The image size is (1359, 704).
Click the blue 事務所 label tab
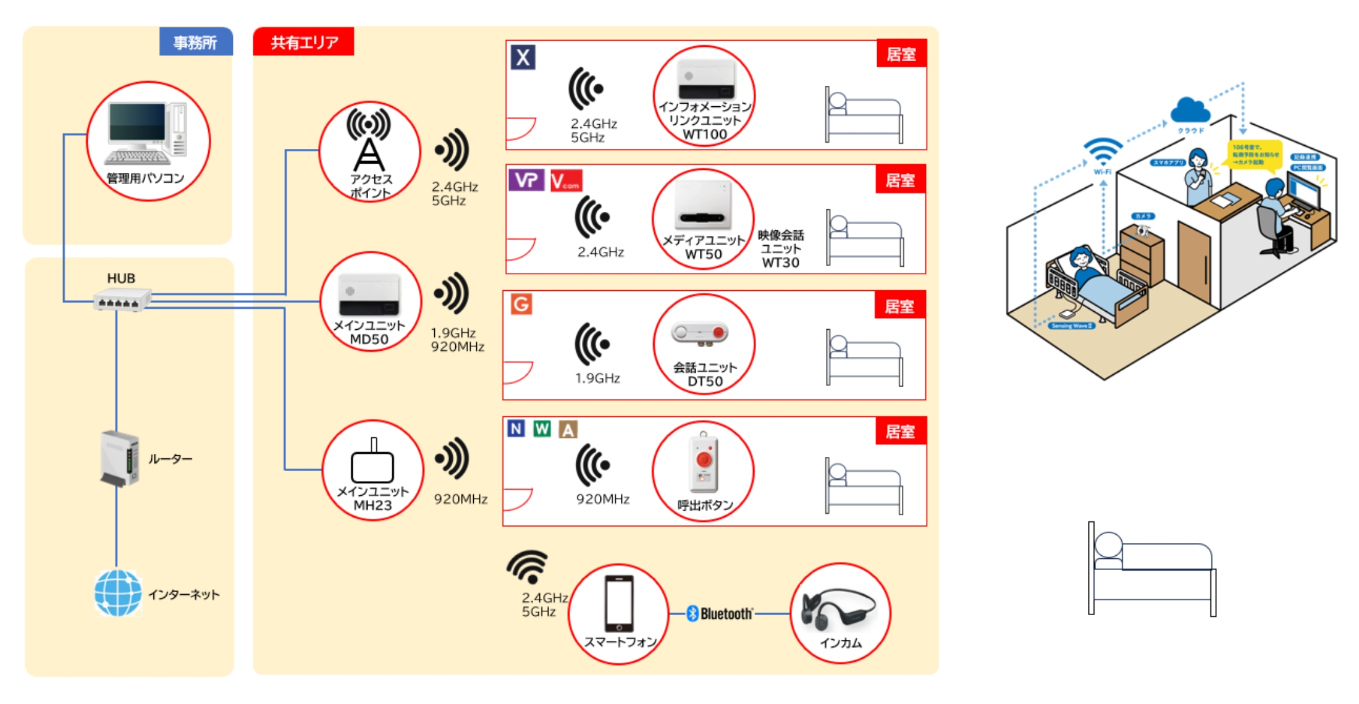(x=196, y=42)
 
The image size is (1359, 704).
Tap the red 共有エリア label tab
(x=303, y=42)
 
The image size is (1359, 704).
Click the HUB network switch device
(x=122, y=300)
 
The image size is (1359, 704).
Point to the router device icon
(x=119, y=459)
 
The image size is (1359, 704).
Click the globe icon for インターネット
(x=117, y=593)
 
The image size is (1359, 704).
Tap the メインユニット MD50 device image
(x=369, y=295)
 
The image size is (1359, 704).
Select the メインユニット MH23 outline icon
(x=372, y=463)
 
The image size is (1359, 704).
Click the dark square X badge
(x=523, y=57)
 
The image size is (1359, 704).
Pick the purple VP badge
(x=526, y=180)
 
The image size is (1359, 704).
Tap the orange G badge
(x=521, y=304)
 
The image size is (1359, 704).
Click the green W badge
(x=542, y=429)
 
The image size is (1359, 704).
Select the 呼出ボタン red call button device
(x=704, y=463)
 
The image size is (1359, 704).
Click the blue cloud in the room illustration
(x=1190, y=111)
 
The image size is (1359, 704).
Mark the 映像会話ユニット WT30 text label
(x=781, y=249)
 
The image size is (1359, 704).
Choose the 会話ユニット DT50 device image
(x=700, y=333)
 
